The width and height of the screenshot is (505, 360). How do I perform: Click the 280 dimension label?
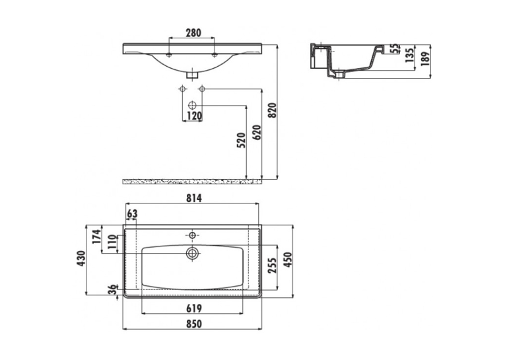pos(193,33)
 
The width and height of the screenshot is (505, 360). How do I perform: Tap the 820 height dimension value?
pos(272,110)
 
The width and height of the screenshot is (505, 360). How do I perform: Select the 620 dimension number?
pos(257,133)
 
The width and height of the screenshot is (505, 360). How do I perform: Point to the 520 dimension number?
pos(241,140)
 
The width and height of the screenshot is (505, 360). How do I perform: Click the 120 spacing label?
pos(194,116)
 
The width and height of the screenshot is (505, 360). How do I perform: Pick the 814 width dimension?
pos(194,198)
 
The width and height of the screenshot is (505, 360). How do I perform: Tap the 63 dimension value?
pos(132,213)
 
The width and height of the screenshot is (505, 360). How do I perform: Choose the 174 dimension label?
pos(96,236)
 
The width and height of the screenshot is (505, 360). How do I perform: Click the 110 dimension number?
pos(112,242)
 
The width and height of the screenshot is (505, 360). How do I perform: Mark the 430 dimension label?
pos(81,258)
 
